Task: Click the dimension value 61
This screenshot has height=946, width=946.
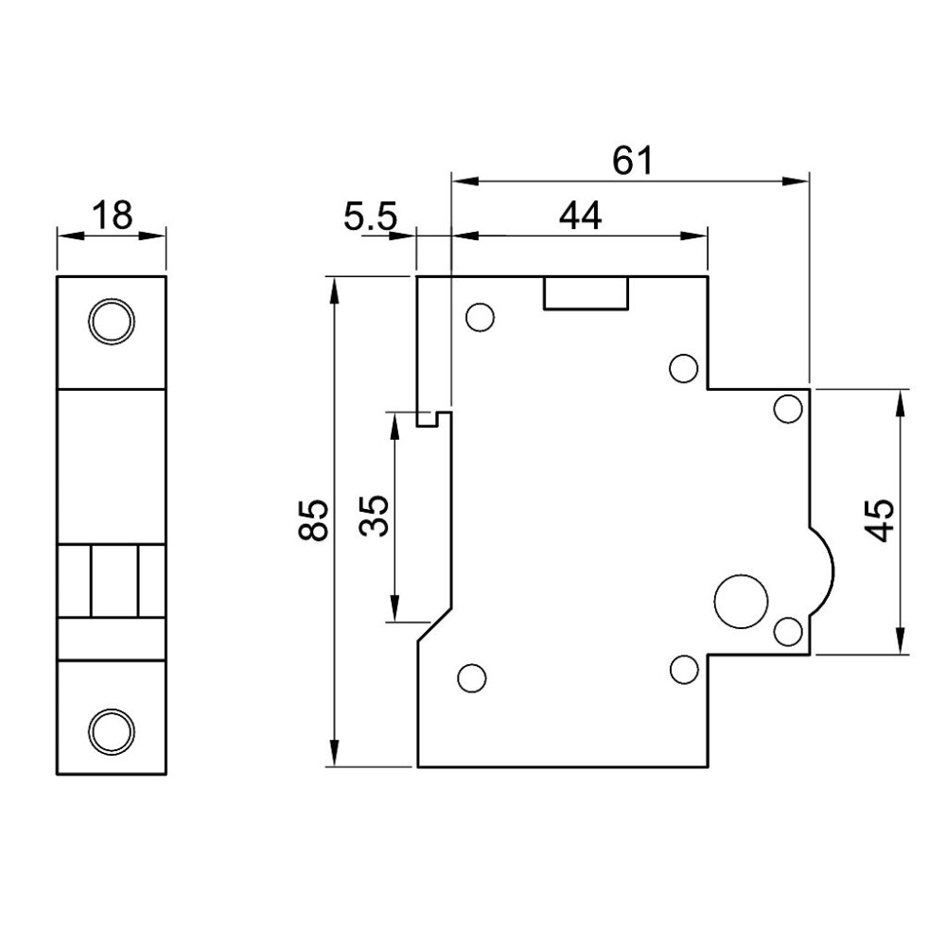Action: pos(632,161)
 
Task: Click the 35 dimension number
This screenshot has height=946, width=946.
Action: pos(373,516)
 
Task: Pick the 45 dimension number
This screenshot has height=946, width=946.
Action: pos(879,521)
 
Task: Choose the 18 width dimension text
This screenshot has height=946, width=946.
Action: pos(112,215)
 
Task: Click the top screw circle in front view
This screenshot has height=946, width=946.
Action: pos(112,321)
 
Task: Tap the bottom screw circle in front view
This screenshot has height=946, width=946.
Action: pos(112,730)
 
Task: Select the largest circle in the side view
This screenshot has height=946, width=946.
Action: pos(741,601)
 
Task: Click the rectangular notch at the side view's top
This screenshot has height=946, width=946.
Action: pos(586,293)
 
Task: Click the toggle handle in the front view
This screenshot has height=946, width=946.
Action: pos(114,581)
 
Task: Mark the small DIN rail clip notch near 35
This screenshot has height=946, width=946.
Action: pos(434,419)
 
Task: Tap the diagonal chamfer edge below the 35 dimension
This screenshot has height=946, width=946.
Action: pos(434,625)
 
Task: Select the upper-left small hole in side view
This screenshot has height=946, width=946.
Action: pos(481,317)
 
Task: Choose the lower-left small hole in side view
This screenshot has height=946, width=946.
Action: pos(472,678)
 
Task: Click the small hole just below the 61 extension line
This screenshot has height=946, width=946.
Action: pos(788,409)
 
